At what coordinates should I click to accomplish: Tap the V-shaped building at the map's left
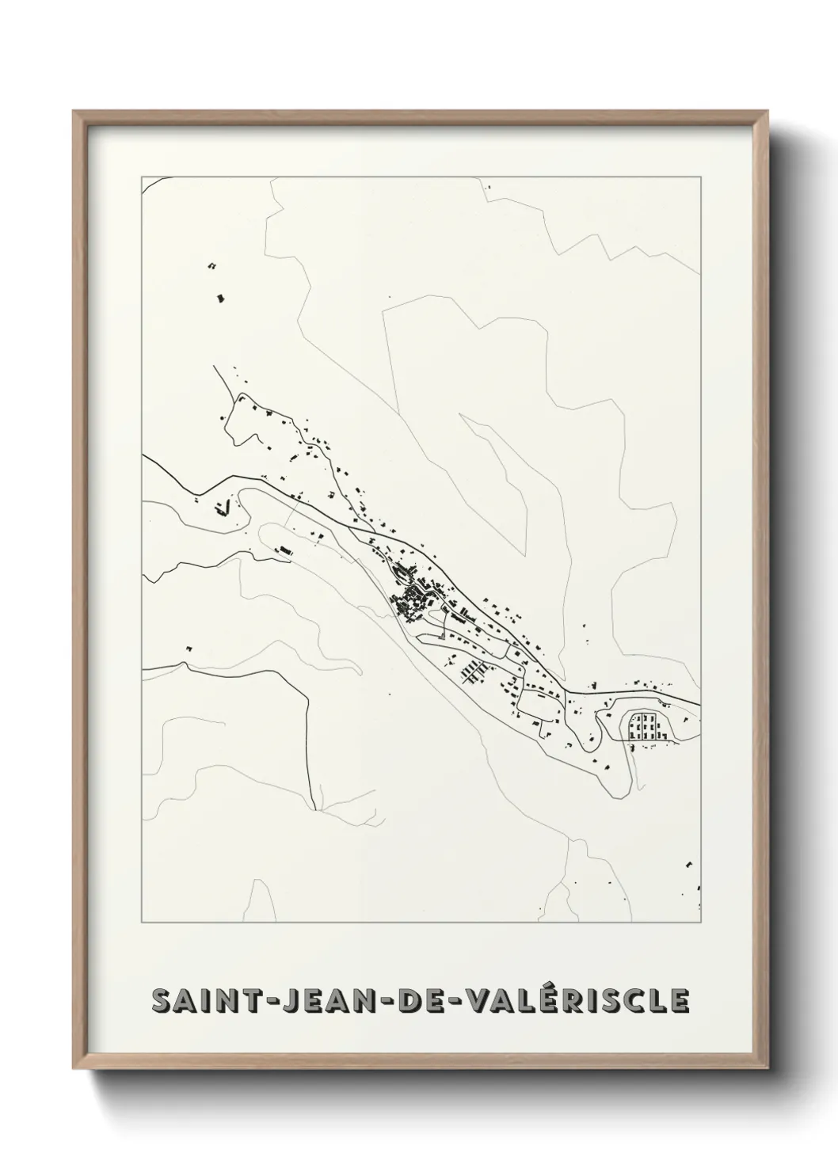coord(223,507)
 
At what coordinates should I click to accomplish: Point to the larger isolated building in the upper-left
coord(221,298)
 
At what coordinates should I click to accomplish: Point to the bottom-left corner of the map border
coord(141,923)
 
